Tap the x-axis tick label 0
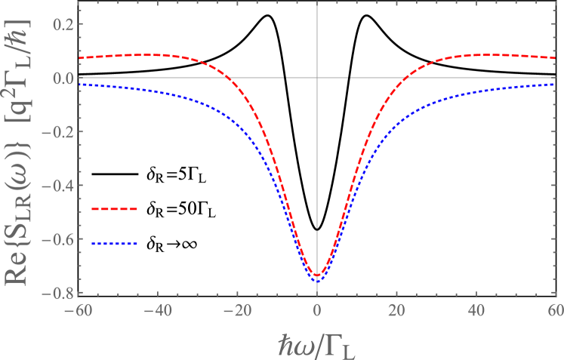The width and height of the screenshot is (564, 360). [317, 309]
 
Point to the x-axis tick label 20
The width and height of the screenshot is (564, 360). [396, 309]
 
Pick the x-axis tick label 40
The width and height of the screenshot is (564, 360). [476, 309]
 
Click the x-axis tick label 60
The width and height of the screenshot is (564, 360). [554, 309]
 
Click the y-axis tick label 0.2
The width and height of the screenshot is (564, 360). [62, 24]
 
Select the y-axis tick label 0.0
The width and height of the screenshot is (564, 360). [62, 78]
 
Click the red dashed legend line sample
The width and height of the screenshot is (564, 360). [114, 208]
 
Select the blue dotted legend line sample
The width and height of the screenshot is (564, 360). [114, 244]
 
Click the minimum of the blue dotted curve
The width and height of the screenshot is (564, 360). [317, 281]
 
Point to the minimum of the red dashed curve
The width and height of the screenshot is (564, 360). [317, 275]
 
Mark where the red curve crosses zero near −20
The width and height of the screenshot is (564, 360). [230, 78]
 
